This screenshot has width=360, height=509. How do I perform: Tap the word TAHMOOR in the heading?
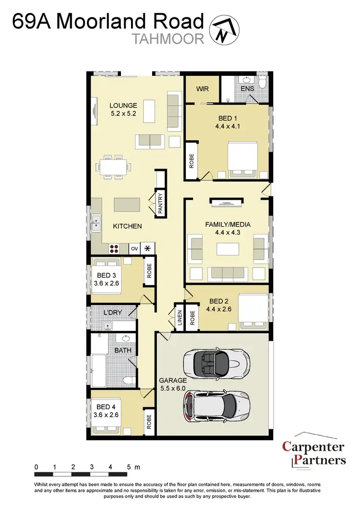click(168, 39)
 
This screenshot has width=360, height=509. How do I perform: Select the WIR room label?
click(202, 89)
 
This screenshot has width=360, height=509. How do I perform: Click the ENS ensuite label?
click(247, 89)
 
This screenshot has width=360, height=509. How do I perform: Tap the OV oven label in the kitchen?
click(135, 248)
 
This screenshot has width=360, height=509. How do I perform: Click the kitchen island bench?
click(127, 205)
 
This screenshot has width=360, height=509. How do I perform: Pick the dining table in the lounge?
click(113, 167)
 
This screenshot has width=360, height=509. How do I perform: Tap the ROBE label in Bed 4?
click(149, 421)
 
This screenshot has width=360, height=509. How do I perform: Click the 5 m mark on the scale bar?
click(130, 467)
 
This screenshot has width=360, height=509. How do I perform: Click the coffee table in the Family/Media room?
click(227, 250)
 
